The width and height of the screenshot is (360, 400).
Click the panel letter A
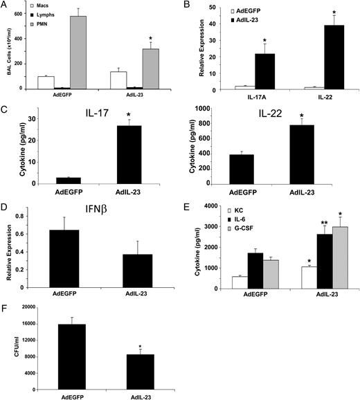click(x=6, y=6)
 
